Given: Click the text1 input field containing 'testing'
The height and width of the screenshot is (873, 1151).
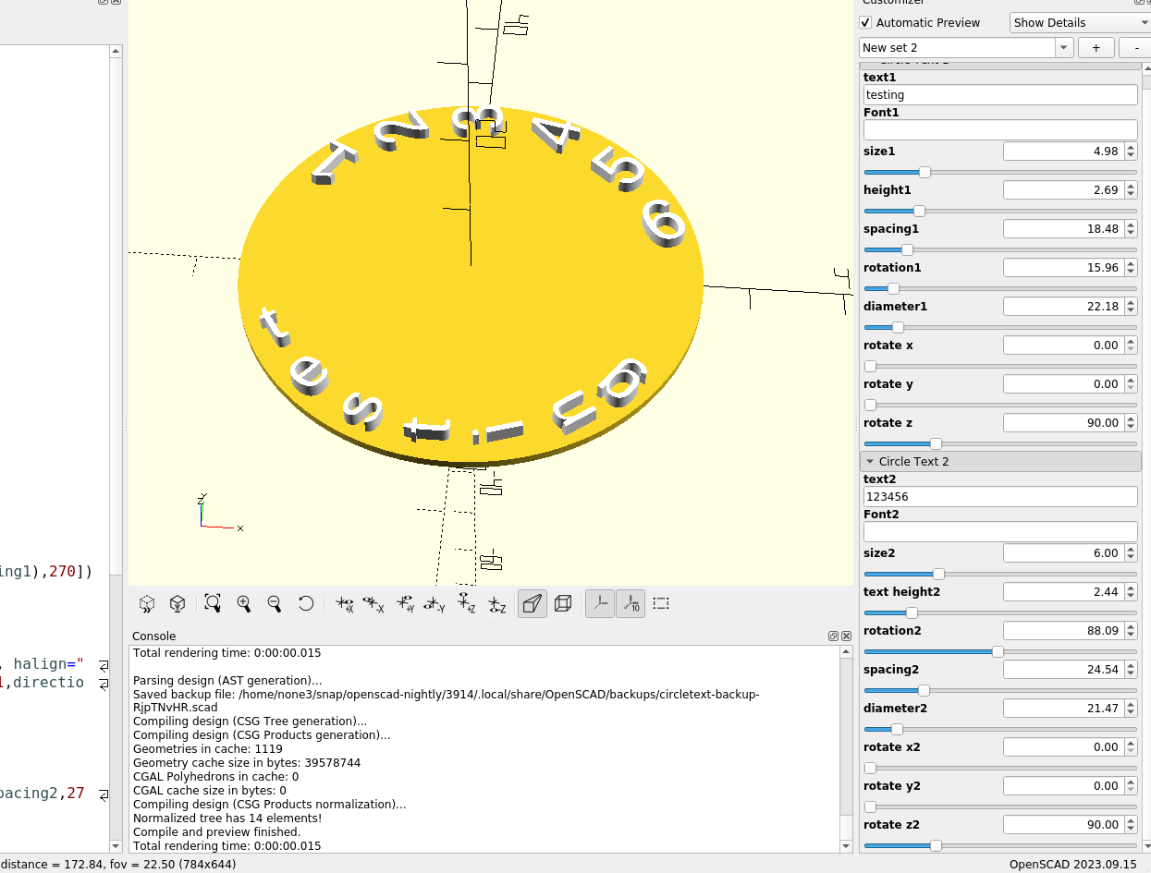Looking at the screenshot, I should [x=999, y=95].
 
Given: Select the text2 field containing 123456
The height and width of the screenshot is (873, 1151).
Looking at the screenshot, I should [x=999, y=497].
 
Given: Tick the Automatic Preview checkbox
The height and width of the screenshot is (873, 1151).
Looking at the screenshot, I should [x=865, y=22].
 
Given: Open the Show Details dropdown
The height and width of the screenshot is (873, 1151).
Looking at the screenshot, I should [x=1079, y=22].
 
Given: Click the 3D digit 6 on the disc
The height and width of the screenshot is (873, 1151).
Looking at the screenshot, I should [x=663, y=224].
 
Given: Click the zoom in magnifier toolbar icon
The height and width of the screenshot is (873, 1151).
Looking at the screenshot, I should [x=244, y=603].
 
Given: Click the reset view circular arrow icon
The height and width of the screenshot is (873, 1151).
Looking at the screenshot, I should [x=306, y=603].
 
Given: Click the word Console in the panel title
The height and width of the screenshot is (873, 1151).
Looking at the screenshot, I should [x=153, y=636].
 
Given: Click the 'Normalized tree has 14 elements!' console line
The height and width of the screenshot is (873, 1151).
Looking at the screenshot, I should [x=227, y=818].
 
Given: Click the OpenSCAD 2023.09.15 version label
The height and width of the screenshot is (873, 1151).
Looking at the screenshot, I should [x=1075, y=864].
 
